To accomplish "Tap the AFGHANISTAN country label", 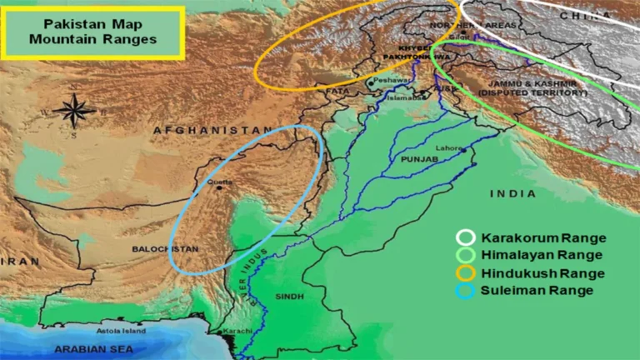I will tap(207, 131).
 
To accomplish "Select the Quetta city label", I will tap(223, 182).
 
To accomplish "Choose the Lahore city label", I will tap(448, 147).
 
